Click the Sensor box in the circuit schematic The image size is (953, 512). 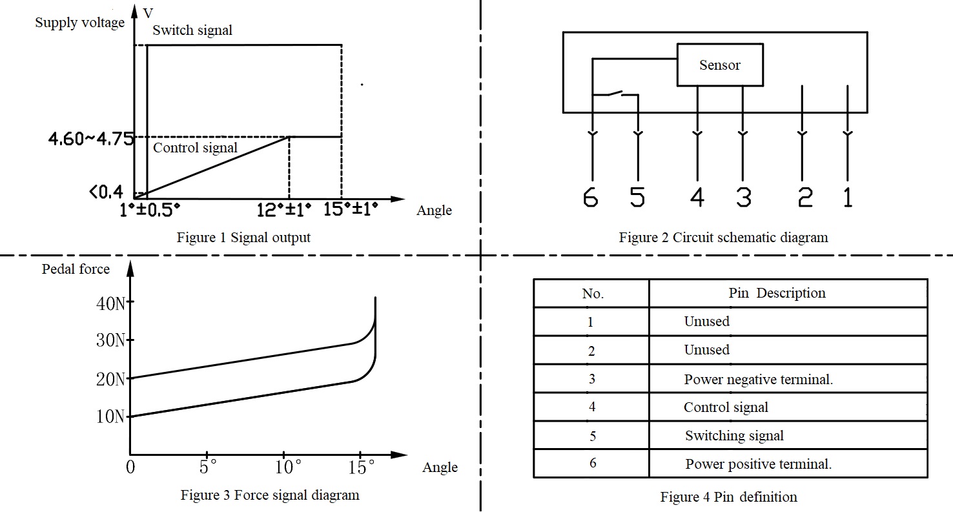(x=719, y=65)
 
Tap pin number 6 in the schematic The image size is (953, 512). (x=591, y=197)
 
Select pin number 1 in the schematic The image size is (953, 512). (x=848, y=197)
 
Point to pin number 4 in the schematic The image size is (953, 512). (x=697, y=197)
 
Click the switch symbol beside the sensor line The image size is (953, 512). (x=615, y=94)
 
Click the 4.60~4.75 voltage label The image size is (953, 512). (x=90, y=139)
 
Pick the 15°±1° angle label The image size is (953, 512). (x=351, y=210)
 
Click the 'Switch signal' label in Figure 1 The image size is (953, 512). (x=192, y=30)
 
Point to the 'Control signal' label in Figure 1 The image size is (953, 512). (x=195, y=148)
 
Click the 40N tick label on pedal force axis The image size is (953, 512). (x=110, y=303)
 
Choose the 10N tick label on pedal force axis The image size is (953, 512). (x=110, y=416)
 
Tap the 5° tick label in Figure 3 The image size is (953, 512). (x=207, y=467)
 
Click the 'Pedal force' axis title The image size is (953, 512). (x=76, y=269)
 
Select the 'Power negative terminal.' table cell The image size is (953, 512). (x=758, y=379)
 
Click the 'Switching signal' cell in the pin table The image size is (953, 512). (x=734, y=436)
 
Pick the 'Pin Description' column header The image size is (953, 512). (x=777, y=293)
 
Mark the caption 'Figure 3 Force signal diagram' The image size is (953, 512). (x=269, y=495)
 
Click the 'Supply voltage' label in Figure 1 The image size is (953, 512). (x=79, y=23)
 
